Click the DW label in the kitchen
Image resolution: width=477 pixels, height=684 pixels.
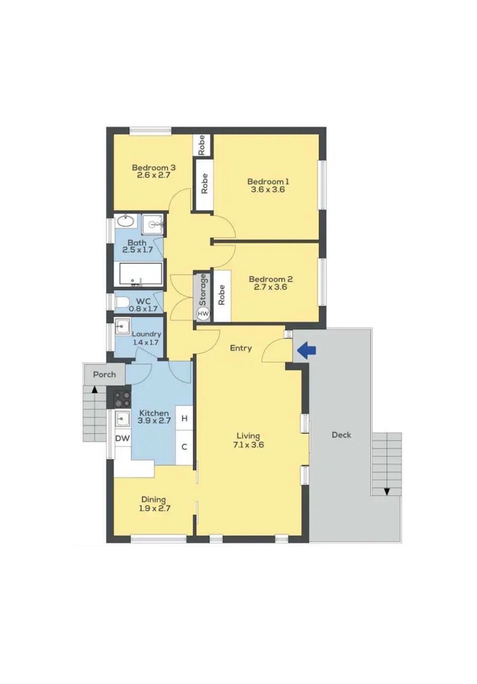123,439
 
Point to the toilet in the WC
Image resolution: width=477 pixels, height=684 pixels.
122,302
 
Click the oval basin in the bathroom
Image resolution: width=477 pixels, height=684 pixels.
126,221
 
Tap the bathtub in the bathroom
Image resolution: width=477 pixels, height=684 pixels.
139,275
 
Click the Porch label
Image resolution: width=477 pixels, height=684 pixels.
104,375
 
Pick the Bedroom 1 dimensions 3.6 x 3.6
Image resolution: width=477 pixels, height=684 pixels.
268,190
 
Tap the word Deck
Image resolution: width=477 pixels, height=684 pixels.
341,435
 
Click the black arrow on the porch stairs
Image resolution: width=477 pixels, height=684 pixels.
95,390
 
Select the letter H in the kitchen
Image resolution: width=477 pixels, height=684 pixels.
184,418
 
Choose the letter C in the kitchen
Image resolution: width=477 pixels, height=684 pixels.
184,447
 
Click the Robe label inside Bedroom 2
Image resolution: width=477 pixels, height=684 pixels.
222,294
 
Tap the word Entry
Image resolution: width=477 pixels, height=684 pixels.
241,348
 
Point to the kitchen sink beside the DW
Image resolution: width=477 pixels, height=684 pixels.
122,418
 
